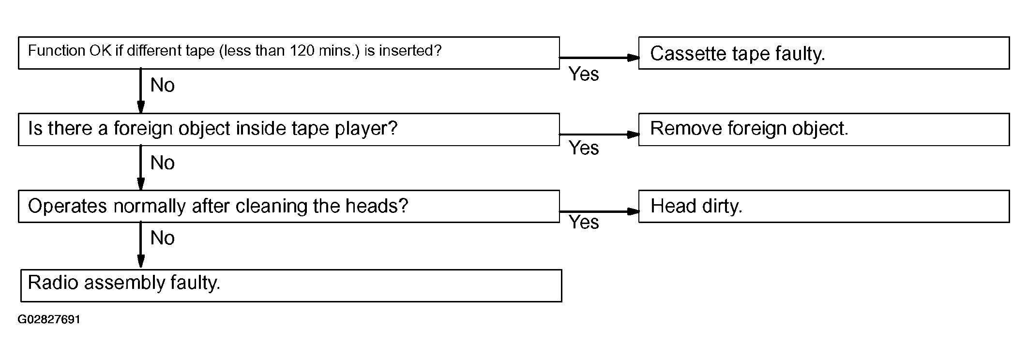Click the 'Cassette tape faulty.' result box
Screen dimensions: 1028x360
824,53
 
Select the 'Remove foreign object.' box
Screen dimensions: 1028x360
824,130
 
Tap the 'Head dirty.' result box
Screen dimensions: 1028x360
824,207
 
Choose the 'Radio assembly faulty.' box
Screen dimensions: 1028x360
291,286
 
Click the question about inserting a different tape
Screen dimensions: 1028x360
289,53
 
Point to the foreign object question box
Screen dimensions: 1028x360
289,130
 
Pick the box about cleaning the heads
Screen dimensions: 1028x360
289,207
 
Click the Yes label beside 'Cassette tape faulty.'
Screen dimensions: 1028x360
584,74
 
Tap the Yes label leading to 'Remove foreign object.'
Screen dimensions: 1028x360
584,148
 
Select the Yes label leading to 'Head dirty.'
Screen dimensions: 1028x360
584,222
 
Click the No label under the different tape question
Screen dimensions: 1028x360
163,85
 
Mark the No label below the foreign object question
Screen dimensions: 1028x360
163,163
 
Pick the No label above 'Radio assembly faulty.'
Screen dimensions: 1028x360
163,238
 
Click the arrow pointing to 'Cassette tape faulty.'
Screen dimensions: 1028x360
599,58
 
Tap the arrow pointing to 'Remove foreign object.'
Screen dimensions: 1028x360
599,135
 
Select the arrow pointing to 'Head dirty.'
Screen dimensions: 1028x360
599,211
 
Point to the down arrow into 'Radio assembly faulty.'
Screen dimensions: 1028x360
141,245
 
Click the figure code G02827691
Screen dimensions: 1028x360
49,320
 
